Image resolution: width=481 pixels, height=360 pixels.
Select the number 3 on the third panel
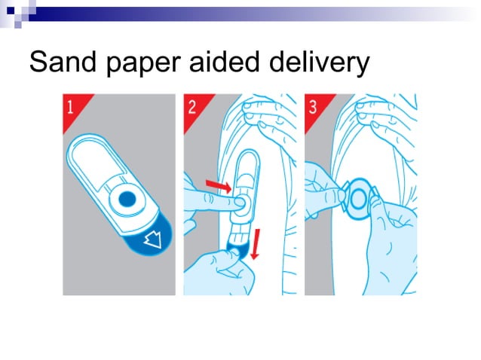point(313,106)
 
